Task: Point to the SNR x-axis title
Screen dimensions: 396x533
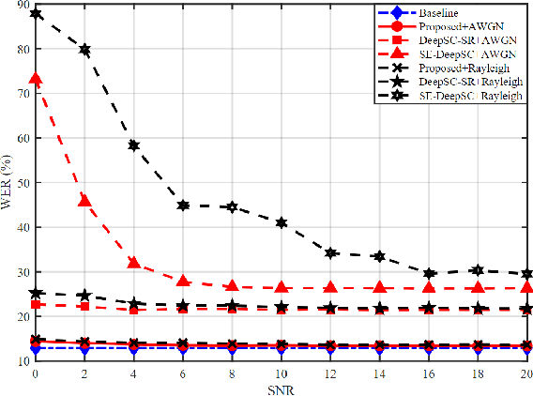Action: [x=281, y=388]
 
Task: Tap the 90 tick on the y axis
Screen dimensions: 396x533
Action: [x=23, y=5]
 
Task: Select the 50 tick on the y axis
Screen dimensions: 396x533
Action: [x=23, y=183]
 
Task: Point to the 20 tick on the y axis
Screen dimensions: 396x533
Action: [x=23, y=316]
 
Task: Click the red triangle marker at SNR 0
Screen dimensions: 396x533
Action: [x=36, y=80]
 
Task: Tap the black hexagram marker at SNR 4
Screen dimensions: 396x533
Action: [x=134, y=145]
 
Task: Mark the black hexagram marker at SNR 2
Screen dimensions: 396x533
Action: [x=84, y=50]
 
